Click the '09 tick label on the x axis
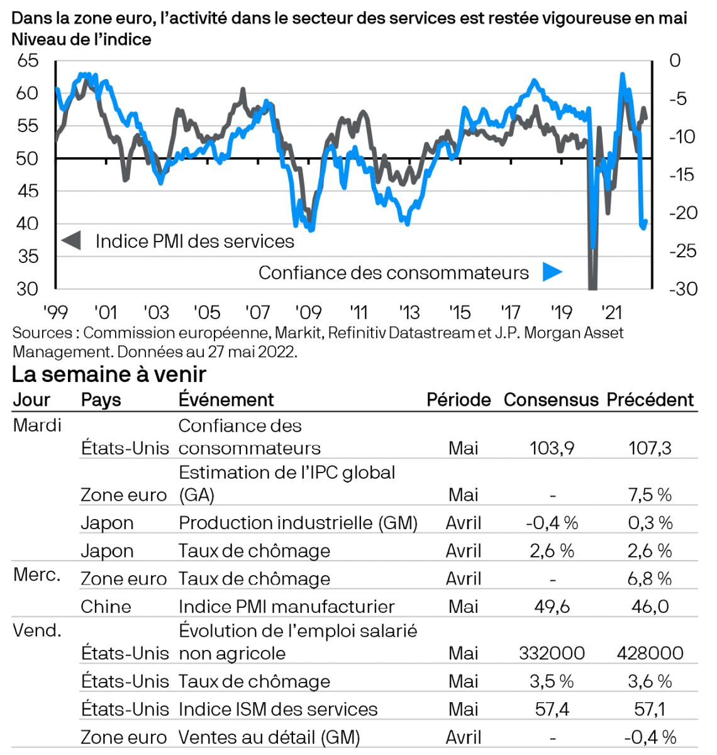coord(308,312)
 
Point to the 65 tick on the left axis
coord(27,60)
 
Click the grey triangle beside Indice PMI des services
coord(71,240)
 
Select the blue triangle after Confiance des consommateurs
coord(552,272)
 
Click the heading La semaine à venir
coord(109,374)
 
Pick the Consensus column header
coord(551,400)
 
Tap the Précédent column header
coord(650,400)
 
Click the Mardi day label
coord(37,425)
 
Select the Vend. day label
coord(37,630)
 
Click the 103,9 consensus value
coord(552,448)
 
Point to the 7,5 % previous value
coord(650,495)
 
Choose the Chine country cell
coord(106,607)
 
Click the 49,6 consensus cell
coord(552,607)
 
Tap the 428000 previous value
coord(650,653)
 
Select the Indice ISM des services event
coord(278,709)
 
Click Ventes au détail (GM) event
coord(269,737)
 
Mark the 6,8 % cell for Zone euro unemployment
coord(650,579)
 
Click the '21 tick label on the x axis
coord(611,312)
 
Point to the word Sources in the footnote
coord(42,333)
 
